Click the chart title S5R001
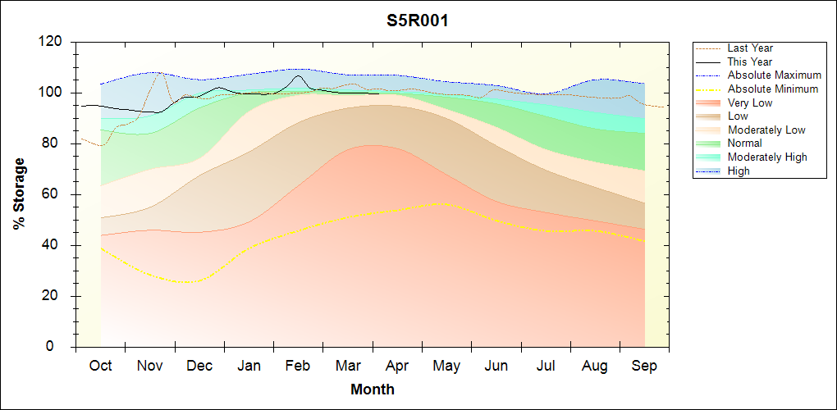(418, 20)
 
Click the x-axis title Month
(372, 389)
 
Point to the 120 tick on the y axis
(51, 42)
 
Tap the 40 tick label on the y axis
(55, 245)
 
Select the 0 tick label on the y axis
(59, 347)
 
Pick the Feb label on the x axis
(298, 366)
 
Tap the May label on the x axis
(446, 366)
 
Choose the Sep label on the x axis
(644, 366)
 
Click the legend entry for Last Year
(749, 48)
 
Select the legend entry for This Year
(749, 61)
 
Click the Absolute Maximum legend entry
(774, 75)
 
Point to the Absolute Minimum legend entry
(773, 89)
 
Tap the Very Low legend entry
(750, 102)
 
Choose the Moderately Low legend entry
(766, 130)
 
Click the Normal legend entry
(744, 143)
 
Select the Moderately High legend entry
(767, 157)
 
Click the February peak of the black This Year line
(298, 76)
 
